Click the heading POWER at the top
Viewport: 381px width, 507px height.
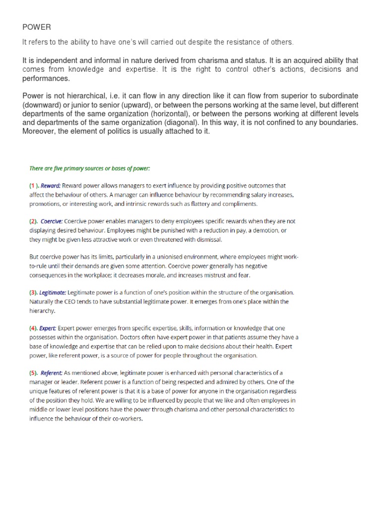[37, 27]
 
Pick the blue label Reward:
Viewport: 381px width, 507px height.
[51, 186]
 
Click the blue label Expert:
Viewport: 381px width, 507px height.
[49, 328]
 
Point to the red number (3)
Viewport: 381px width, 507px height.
[33, 293]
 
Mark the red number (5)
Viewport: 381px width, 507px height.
[33, 373]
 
